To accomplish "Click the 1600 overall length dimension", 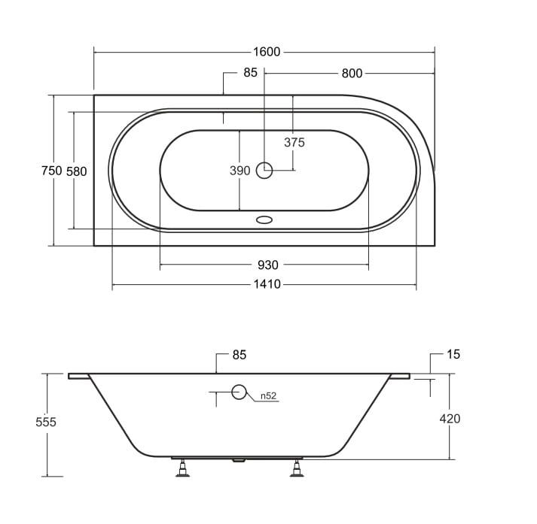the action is [x=267, y=52].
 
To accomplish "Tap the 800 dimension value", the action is [x=352, y=73].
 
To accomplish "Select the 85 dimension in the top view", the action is [x=250, y=72].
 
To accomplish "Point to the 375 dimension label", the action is [x=294, y=142].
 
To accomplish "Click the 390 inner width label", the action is [x=240, y=171].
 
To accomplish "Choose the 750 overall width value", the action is [x=51, y=171].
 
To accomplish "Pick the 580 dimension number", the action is [x=76, y=171].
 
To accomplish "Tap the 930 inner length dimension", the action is [x=268, y=265].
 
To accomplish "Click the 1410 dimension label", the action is [x=267, y=284].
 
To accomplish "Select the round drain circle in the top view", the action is [x=264, y=171].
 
